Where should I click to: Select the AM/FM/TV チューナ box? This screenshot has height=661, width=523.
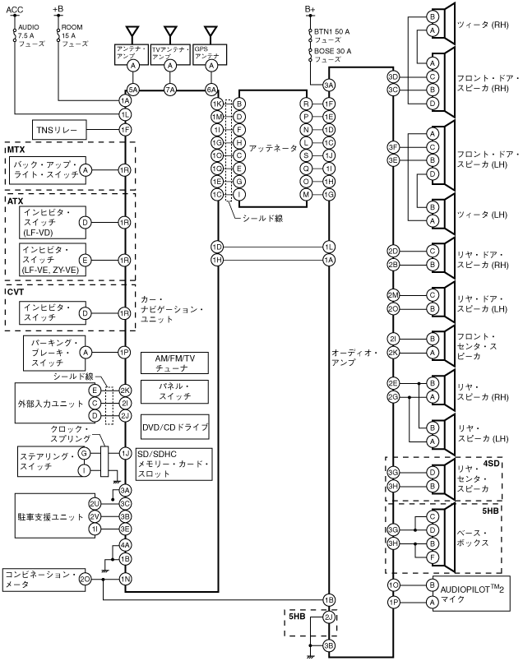(x=176, y=363)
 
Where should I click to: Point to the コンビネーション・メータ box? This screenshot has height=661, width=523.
(x=39, y=579)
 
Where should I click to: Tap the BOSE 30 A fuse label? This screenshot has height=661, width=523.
(x=331, y=55)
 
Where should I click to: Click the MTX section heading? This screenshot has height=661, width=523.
(x=16, y=150)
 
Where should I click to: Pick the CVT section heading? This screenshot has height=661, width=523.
(x=16, y=291)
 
